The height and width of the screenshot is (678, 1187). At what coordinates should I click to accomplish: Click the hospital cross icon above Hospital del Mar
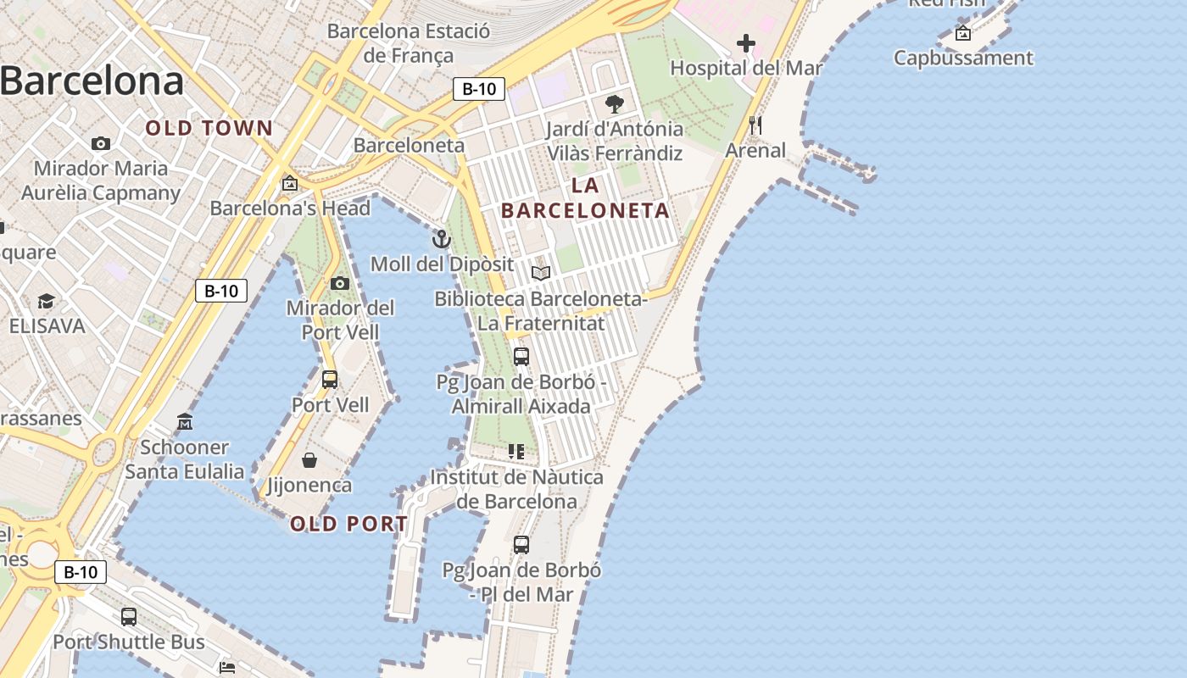coord(746,42)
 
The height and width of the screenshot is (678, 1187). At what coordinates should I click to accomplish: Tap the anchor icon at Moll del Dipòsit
coord(441,239)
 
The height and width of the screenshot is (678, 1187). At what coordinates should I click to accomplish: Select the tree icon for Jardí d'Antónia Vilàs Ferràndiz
coord(615,104)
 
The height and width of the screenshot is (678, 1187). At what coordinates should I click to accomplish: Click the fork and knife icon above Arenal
coord(755,125)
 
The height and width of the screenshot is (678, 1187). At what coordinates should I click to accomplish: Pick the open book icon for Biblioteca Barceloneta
coord(541,273)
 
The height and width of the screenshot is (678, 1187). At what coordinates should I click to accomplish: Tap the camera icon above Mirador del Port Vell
coord(340,283)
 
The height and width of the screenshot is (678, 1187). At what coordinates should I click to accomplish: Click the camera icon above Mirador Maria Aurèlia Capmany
coord(101,143)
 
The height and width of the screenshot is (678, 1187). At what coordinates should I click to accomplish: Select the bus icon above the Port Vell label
coord(330,380)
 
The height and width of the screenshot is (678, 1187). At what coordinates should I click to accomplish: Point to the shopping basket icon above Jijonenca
coord(309,460)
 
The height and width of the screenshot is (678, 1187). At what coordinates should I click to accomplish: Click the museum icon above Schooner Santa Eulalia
coord(185,421)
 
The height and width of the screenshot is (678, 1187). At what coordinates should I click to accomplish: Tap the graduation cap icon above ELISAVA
coord(47,301)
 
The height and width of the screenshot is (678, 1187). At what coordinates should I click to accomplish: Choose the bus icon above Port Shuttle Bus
coord(129,617)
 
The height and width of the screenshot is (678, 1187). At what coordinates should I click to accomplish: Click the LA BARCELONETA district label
coord(585,198)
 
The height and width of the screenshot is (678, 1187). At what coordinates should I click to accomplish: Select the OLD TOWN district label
coord(209,129)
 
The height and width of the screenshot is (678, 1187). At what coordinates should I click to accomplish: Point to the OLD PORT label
coord(349,524)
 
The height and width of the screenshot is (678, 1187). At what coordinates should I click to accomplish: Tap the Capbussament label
coord(963,58)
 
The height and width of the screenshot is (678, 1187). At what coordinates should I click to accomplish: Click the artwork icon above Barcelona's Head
coord(290,182)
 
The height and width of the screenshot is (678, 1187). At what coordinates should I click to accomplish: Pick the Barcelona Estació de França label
coord(409,43)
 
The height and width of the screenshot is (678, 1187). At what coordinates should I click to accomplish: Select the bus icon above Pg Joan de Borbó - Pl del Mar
coord(521,544)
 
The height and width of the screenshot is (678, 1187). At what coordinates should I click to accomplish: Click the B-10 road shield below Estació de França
coord(479,89)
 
